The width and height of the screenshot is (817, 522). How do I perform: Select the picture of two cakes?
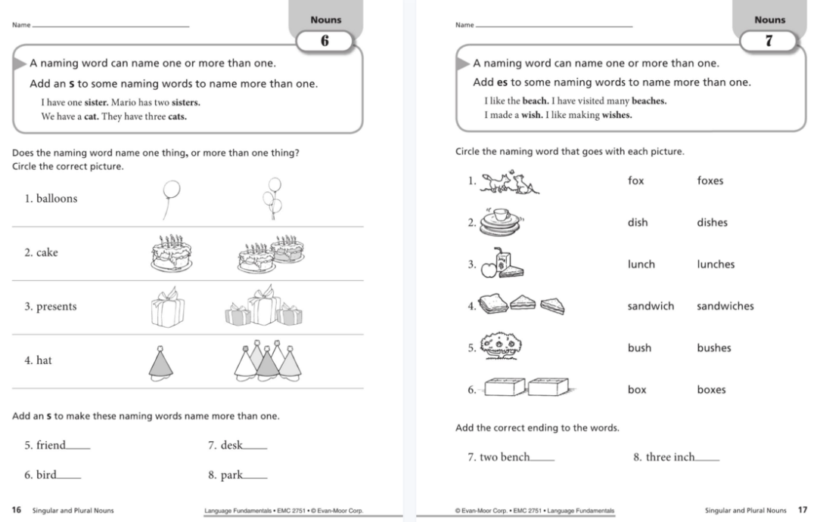point(271,253)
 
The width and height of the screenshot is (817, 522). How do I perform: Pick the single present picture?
point(167,308)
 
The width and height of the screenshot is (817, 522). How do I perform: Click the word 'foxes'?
point(710,181)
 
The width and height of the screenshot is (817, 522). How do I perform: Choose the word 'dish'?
point(638,223)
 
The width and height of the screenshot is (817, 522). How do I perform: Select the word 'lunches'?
point(715,264)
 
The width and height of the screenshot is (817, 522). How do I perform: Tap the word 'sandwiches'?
point(725,306)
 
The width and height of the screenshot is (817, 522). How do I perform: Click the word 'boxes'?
point(711,390)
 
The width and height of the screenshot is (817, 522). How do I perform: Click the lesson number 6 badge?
point(325,42)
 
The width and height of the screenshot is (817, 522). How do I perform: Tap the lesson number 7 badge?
point(769,42)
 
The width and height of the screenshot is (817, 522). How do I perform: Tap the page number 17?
point(803,511)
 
